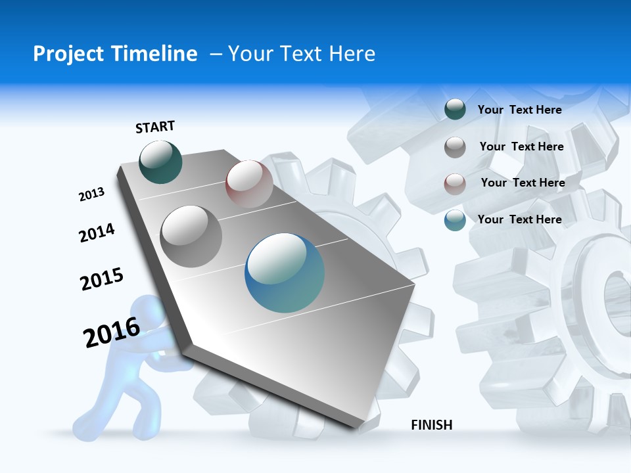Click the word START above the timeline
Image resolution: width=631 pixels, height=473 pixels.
155,127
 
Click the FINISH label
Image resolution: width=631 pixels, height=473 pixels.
432,425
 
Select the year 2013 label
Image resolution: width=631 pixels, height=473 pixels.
92,194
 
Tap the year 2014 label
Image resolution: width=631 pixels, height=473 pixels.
97,233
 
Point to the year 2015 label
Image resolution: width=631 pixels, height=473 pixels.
102,279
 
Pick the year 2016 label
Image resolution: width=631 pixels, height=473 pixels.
112,332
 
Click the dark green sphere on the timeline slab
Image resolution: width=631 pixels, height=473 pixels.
161,162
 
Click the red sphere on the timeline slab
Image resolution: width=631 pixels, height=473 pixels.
249,184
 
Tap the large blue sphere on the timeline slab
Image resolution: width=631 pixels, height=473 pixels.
285,273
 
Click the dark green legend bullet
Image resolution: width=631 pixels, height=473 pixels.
455,110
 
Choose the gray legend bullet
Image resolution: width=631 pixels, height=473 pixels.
455,147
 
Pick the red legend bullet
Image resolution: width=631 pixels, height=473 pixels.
455,184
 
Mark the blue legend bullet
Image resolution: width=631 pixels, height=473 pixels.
455,220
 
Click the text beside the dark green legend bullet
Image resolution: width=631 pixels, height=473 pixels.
519,110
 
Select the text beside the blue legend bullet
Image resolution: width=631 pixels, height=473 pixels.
519,219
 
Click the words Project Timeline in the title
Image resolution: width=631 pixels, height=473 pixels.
115,54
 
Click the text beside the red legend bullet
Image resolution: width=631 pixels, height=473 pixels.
523,183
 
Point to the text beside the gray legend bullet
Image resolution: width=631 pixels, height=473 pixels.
521,146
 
